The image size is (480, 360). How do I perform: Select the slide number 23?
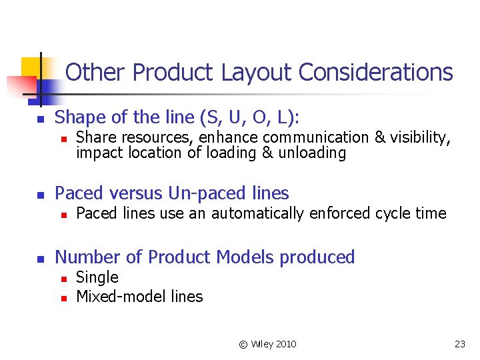[459, 344]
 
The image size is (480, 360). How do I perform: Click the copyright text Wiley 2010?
[268, 344]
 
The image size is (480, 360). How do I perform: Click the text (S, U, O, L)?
[250, 118]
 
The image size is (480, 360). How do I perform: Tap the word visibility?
[421, 138]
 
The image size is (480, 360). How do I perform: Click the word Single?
[97, 278]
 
